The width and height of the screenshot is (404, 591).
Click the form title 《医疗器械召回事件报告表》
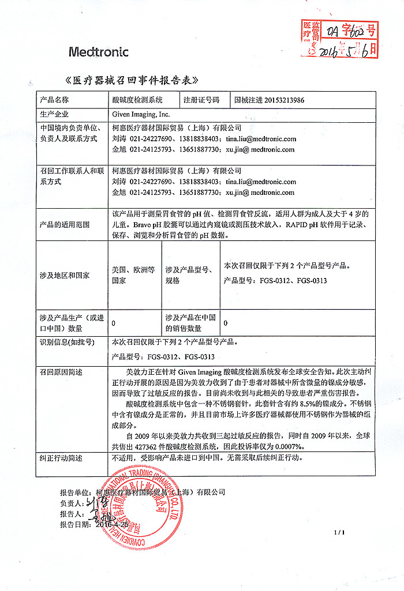pos(133,79)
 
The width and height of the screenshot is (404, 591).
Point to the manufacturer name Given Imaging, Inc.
pos(141,114)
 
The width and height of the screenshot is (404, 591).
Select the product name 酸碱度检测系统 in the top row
pos(137,100)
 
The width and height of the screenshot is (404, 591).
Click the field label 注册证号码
pos(201,100)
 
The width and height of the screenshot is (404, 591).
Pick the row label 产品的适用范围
pos(64,225)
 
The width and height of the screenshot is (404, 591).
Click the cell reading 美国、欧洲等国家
pos(133,274)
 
